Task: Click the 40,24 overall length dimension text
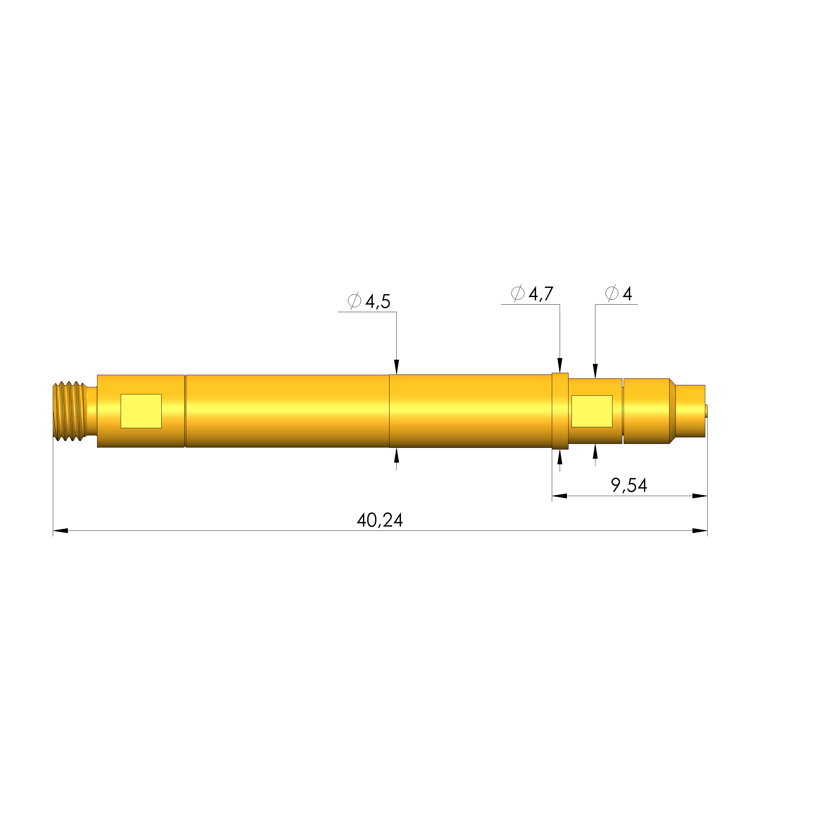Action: click(x=379, y=520)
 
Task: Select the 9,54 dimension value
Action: click(x=629, y=485)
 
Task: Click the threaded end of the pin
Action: click(x=69, y=411)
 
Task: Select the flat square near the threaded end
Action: click(x=141, y=411)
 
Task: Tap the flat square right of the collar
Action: click(x=591, y=411)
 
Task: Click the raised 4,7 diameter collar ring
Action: click(x=560, y=411)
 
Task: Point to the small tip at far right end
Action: click(x=706, y=411)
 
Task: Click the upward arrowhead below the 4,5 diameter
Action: click(x=396, y=456)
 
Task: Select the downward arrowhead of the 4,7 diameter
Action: click(x=560, y=366)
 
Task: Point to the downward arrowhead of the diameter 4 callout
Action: click(x=595, y=370)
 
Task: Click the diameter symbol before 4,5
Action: click(x=354, y=301)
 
